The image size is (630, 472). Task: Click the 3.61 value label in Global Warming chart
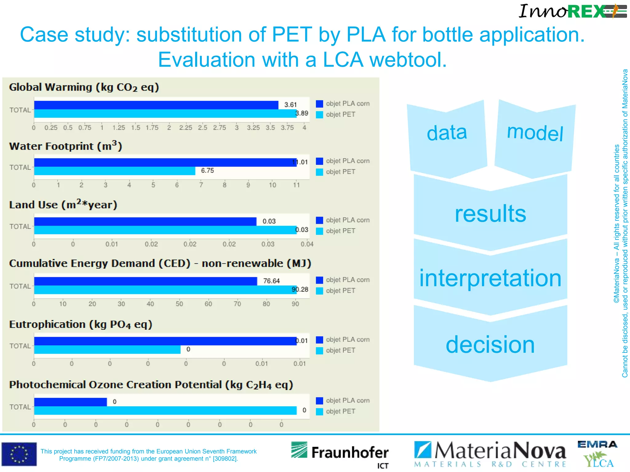[290, 105]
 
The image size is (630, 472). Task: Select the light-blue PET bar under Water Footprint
[114, 171]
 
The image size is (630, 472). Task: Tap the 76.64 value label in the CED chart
[271, 281]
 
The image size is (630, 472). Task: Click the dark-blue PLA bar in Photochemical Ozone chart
[70, 402]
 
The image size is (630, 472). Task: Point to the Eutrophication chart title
[81, 324]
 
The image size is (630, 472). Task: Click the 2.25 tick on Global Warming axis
[185, 128]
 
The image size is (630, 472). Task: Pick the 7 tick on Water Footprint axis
[201, 185]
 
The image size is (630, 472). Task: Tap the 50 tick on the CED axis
[179, 304]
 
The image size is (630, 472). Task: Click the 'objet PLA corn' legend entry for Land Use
[343, 220]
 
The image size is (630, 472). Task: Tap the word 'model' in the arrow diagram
[535, 133]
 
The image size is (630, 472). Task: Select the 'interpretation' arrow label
[490, 278]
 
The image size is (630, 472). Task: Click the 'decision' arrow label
[490, 344]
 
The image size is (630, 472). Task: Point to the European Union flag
[19, 454]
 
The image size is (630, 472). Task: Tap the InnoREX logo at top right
[572, 11]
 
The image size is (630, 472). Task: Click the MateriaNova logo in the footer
[490, 454]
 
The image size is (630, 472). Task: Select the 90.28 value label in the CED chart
[300, 289]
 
